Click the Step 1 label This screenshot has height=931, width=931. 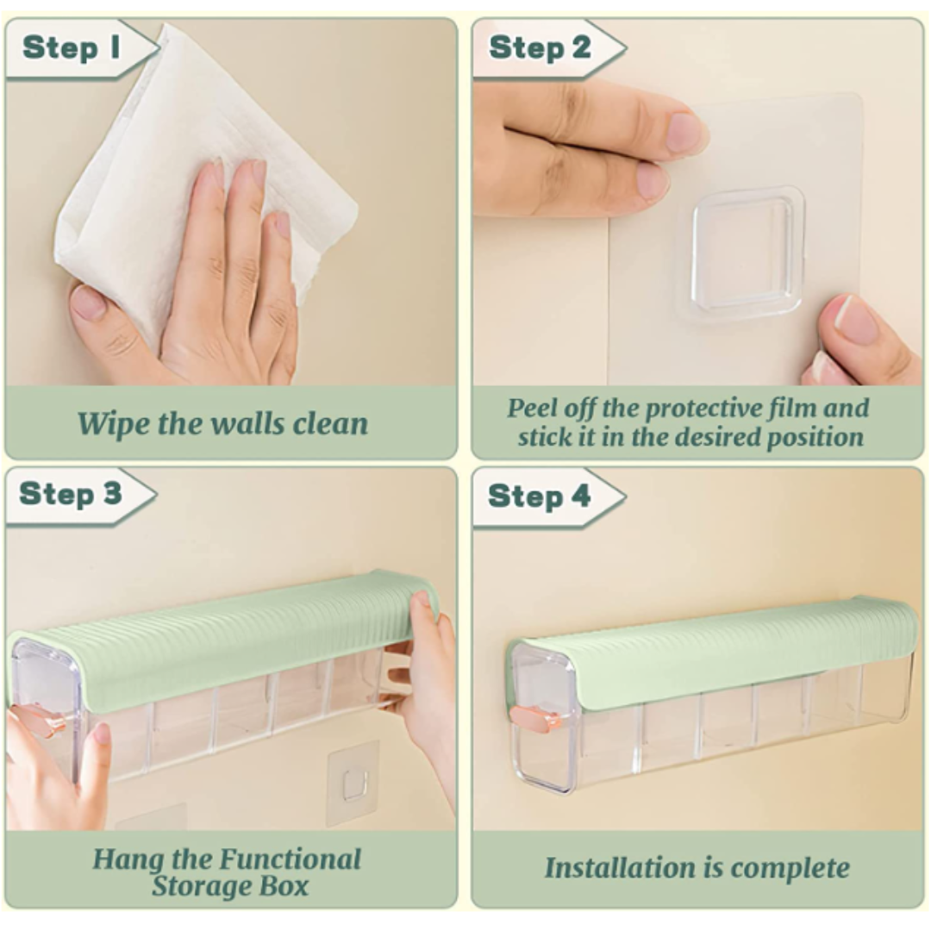[x=72, y=48]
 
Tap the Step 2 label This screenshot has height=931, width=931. [x=540, y=48]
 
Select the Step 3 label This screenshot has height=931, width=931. [x=71, y=495]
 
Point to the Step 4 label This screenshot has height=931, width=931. [x=539, y=497]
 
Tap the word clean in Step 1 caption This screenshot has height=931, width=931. [x=329, y=423]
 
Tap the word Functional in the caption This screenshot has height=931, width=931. [x=291, y=859]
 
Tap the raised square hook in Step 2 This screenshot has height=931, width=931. [x=747, y=250]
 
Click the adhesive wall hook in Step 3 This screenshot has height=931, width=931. [x=353, y=782]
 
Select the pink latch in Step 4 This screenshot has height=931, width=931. [x=535, y=717]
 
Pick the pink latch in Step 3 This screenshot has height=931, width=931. [x=39, y=720]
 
